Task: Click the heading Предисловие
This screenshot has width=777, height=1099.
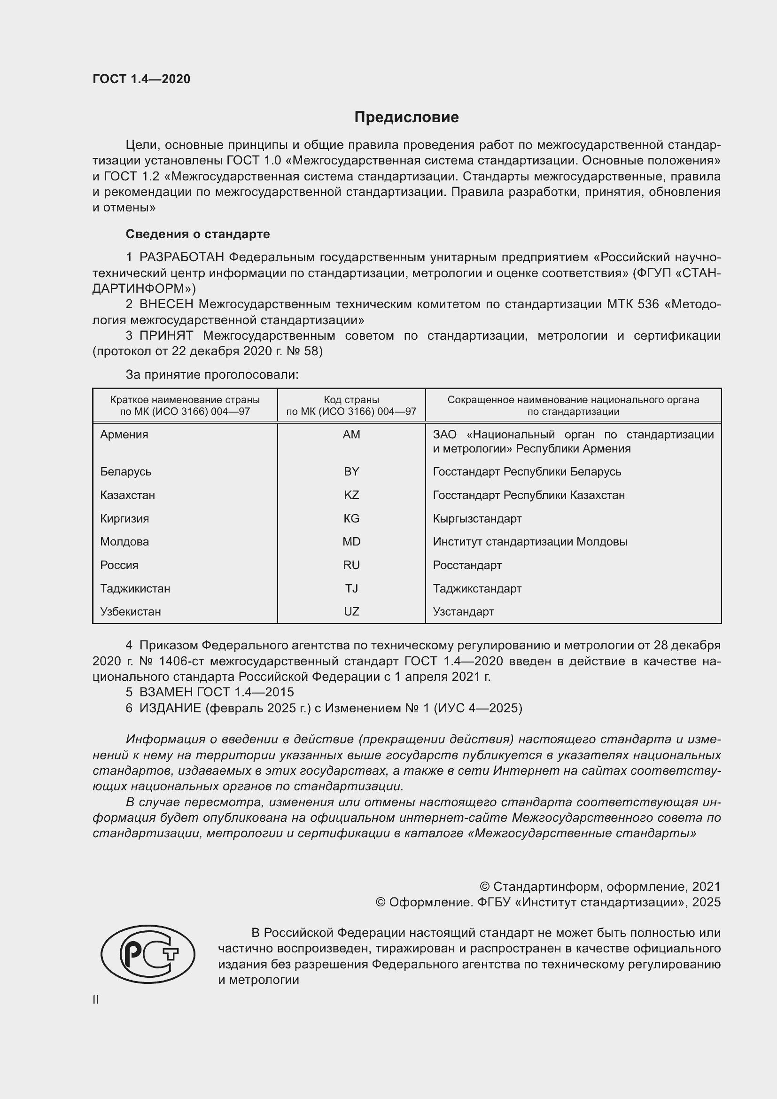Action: click(406, 117)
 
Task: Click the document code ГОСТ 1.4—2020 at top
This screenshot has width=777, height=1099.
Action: click(141, 79)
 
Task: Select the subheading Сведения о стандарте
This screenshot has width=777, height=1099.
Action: click(198, 234)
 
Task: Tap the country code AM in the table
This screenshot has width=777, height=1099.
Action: click(351, 435)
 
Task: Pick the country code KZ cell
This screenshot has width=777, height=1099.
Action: click(351, 495)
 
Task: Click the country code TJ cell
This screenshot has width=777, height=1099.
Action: click(351, 588)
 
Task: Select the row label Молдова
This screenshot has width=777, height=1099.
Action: click(124, 541)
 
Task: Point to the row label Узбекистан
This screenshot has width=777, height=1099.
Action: click(130, 611)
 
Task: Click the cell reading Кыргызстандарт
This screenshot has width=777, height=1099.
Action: click(477, 518)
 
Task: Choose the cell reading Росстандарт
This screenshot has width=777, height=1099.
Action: click(467, 565)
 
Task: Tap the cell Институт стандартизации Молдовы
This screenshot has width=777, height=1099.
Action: click(529, 541)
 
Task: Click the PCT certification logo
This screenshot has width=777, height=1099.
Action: click(148, 954)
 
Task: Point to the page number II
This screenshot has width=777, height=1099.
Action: click(96, 999)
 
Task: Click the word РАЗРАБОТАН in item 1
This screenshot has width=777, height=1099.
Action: click(182, 257)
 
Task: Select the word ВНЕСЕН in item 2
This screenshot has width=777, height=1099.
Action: click(166, 304)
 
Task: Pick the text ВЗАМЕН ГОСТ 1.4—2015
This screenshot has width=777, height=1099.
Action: click(216, 692)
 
